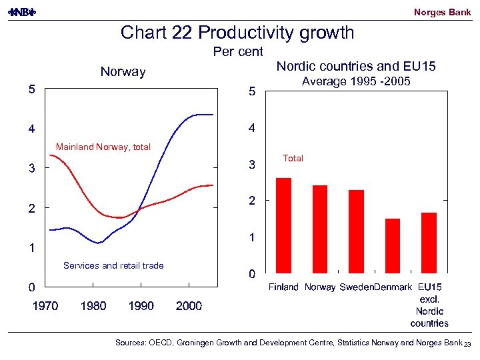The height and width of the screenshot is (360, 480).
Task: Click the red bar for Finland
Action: [283, 225]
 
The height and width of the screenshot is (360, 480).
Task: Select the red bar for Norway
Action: [320, 229]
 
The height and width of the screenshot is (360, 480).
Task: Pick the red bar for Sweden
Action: [357, 231]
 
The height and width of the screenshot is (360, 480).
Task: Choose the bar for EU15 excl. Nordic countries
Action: [429, 243]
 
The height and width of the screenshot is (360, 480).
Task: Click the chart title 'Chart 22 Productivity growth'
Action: [237, 33]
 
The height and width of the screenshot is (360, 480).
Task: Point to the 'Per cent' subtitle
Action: [238, 52]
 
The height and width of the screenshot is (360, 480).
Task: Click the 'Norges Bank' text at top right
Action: [442, 12]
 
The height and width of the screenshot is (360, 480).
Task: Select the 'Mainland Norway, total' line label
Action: [103, 147]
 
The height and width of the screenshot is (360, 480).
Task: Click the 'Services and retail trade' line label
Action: [113, 265]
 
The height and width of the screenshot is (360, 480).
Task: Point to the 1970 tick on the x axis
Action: [45, 306]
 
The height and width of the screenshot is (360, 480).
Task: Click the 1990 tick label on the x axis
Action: [141, 306]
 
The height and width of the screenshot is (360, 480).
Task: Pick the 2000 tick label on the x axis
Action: [189, 306]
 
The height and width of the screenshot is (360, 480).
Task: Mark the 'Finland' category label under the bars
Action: [283, 287]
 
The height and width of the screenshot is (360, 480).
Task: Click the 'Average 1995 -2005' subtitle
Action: [356, 81]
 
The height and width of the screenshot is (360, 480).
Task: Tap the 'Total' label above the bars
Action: [293, 158]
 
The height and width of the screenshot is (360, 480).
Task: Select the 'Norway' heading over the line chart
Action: [123, 71]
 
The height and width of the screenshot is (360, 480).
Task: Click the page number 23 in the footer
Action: [468, 344]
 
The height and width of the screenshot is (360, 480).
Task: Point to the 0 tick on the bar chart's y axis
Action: [251, 273]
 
